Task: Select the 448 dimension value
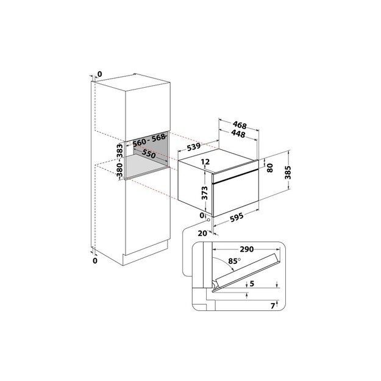click(x=238, y=135)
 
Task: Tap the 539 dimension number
click(x=194, y=146)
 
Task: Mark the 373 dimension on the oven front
click(x=206, y=194)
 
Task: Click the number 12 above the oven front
click(x=205, y=162)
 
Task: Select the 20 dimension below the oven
click(x=202, y=232)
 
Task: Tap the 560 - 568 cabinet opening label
click(x=148, y=139)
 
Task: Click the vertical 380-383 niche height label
click(x=119, y=160)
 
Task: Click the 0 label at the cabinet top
click(x=100, y=75)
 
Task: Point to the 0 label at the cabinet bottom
click(x=94, y=261)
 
